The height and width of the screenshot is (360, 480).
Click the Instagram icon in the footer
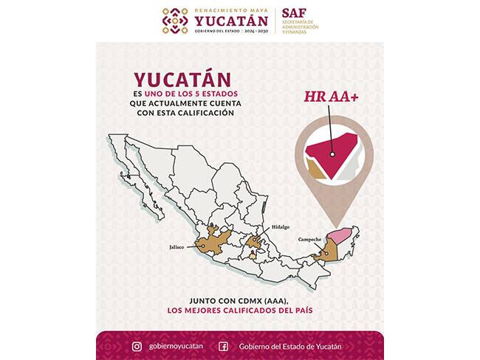pos(137,346)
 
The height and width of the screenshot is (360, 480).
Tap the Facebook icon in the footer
pos(223,346)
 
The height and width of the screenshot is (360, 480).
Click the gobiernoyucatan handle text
pos(174,346)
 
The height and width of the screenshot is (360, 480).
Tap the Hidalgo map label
pos(281,227)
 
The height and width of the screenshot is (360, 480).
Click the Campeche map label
pos(309,240)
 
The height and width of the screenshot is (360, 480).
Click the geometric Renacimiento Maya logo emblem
pos(175,21)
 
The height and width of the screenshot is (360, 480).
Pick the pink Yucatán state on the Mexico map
pos(337,238)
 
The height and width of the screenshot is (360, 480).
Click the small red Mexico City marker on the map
pos(254,257)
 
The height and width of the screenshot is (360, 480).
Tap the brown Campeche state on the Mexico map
pos(326,253)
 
